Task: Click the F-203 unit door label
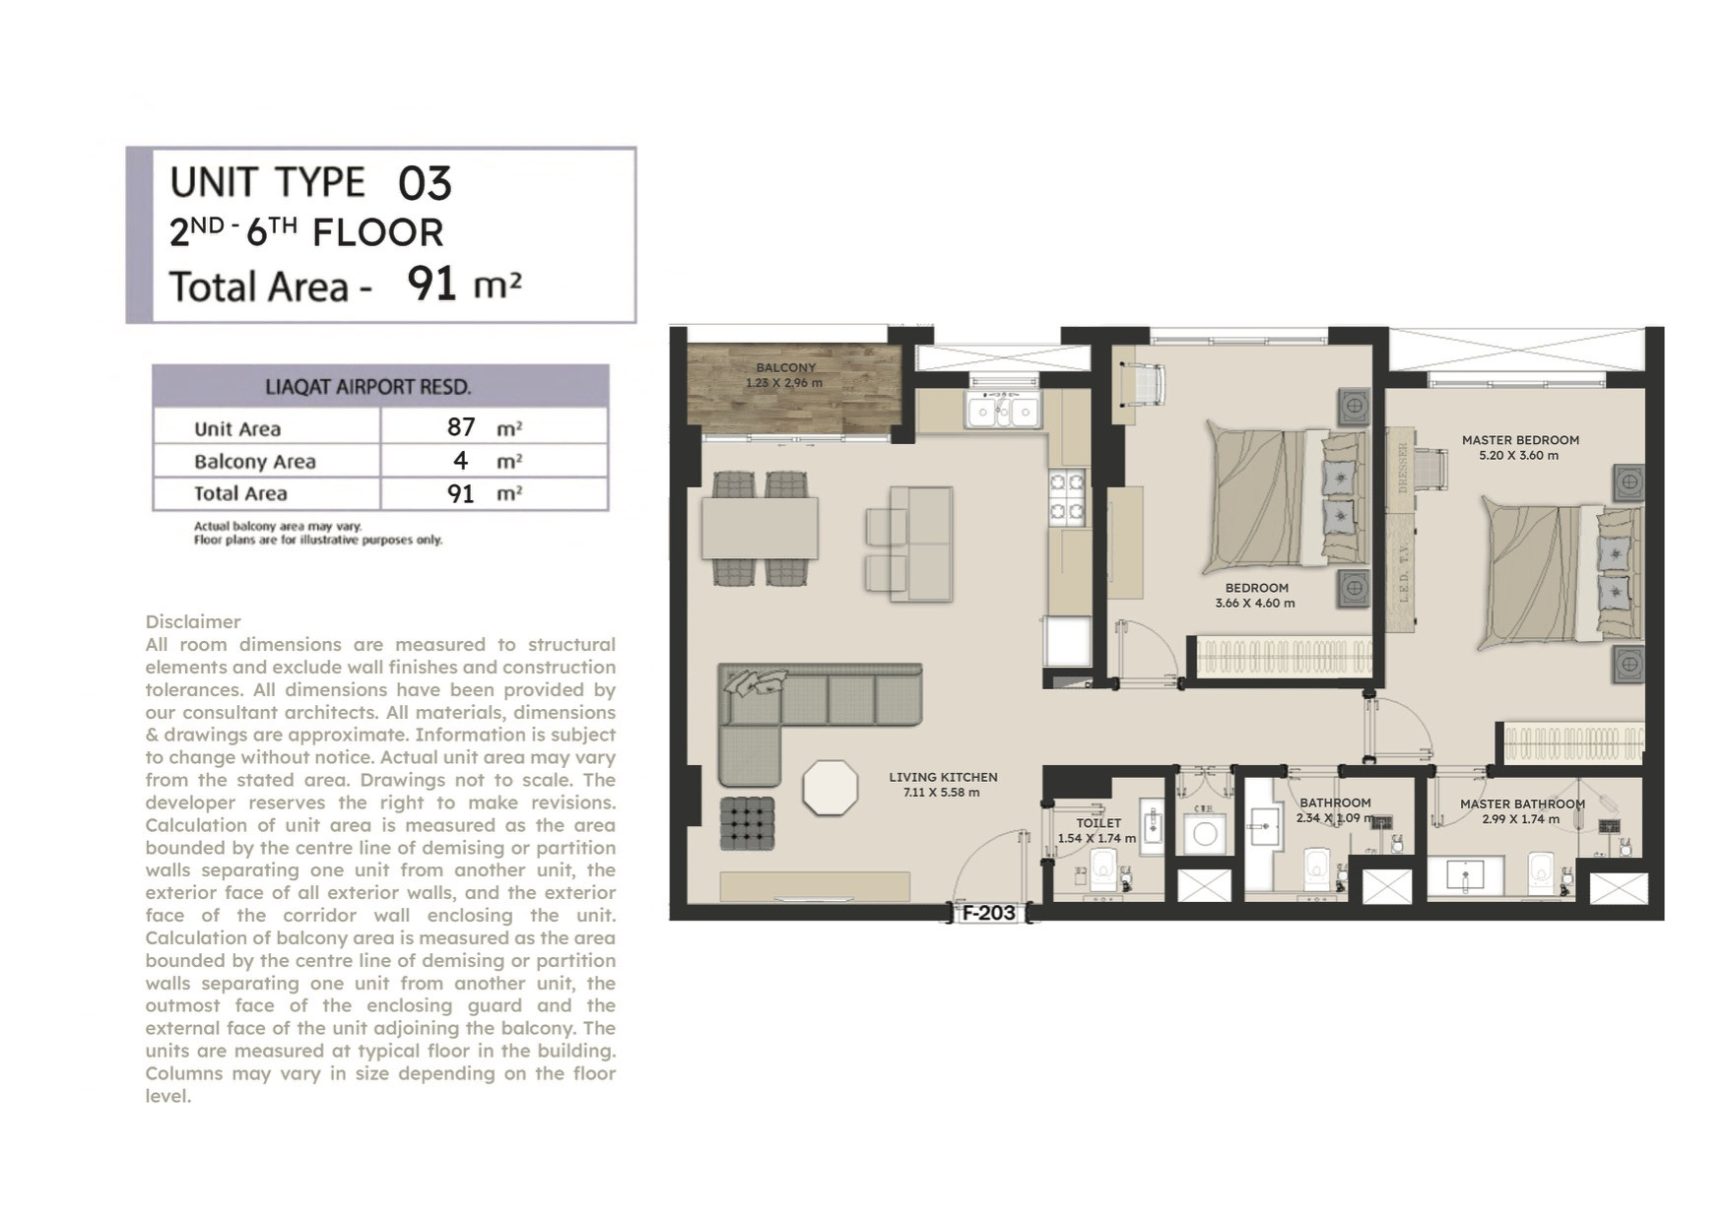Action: [988, 913]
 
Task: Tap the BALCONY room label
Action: [785, 368]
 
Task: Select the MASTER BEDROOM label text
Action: [1520, 440]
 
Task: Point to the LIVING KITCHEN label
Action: [943, 777]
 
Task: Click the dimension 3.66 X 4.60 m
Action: [1255, 604]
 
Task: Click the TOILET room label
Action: [1098, 823]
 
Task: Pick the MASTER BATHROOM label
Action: [1522, 804]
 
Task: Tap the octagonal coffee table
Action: [830, 787]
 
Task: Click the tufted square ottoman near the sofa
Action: [747, 823]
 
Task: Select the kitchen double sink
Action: [1003, 410]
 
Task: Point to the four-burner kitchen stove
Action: [1067, 496]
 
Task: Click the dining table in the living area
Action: [760, 528]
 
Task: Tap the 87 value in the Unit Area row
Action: [461, 427]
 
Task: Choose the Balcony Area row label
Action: [255, 462]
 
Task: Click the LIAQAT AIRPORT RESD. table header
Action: [368, 387]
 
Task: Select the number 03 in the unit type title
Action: [425, 183]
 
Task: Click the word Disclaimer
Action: [193, 622]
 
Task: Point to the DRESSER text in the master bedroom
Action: [1403, 468]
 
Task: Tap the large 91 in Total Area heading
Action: [432, 284]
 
